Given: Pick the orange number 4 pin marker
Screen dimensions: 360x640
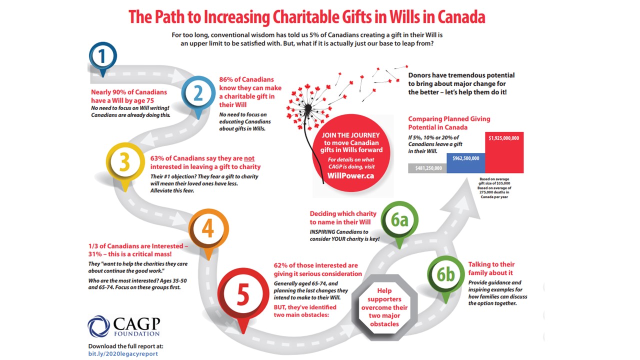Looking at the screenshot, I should tap(208, 229).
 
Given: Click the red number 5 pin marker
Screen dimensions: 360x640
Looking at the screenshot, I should tap(242, 295).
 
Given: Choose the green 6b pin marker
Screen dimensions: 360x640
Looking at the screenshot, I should tap(446, 275).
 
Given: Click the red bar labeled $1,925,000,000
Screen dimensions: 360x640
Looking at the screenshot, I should tap(504, 152).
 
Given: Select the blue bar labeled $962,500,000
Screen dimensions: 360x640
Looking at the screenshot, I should tap(465, 163).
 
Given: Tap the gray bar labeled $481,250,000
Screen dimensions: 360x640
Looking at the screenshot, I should tap(427, 168).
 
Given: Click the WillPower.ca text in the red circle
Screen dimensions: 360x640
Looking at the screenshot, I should tap(350, 176).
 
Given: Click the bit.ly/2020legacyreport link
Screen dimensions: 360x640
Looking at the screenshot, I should tap(123, 353).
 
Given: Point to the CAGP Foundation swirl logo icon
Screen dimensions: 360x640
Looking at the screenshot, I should tap(98, 326).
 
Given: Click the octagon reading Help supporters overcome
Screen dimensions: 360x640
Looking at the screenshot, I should tap(384, 307).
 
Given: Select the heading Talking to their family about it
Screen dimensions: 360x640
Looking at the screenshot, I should tap(491, 268).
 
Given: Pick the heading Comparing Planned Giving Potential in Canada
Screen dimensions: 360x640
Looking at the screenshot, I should tap(449, 123).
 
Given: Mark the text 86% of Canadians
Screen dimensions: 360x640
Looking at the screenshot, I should tap(246, 79).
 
